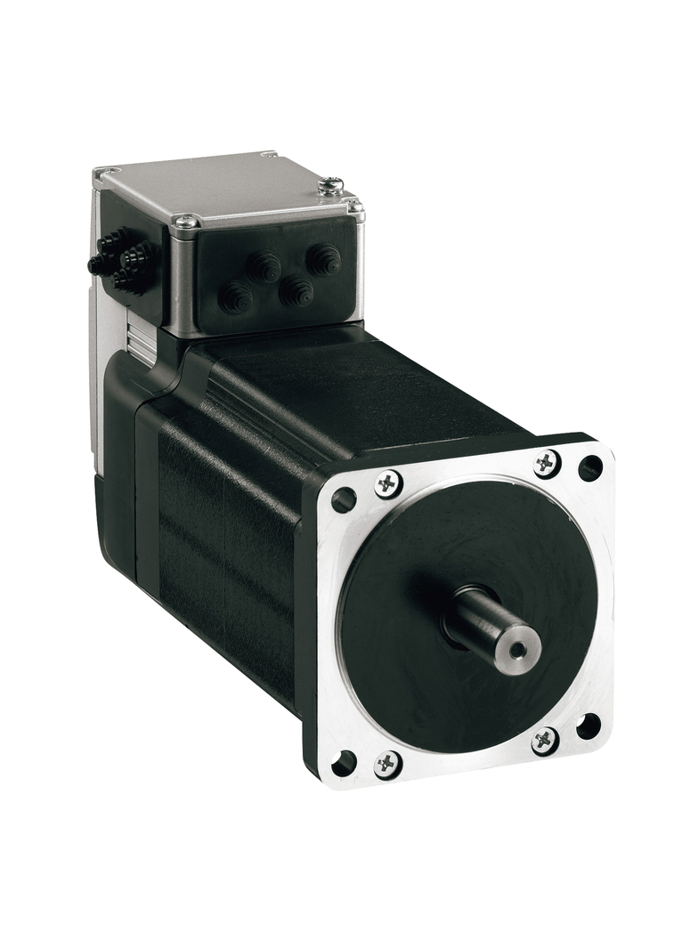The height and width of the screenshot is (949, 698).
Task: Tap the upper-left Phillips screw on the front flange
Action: [388, 483]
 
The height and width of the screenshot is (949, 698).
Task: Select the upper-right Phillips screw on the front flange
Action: [547, 463]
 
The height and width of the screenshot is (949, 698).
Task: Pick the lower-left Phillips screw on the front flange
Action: [388, 763]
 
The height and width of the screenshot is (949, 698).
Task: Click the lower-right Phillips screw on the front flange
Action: [545, 740]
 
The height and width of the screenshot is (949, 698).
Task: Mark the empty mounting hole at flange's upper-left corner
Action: [344, 500]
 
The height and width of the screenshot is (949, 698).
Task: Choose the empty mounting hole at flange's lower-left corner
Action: [344, 763]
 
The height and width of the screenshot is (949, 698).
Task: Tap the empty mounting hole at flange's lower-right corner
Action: [588, 726]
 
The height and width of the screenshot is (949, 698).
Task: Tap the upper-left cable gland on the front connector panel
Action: [264, 266]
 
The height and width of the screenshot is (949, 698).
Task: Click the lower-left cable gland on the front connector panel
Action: [236, 297]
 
